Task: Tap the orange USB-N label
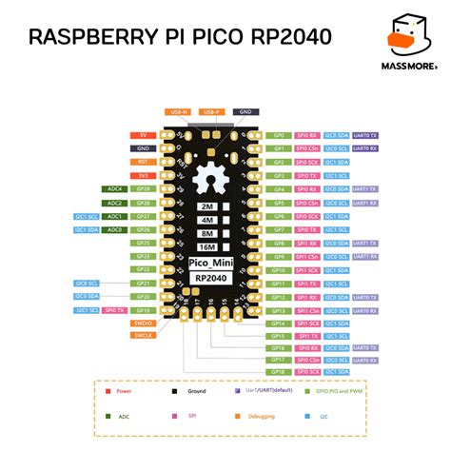(179, 112)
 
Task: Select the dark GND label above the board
(244, 112)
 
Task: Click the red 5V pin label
(143, 135)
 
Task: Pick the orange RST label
(143, 162)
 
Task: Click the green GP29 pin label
(143, 189)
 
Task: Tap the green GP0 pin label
(280, 135)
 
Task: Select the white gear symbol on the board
(207, 180)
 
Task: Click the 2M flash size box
(206, 206)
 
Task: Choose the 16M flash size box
(206, 245)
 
